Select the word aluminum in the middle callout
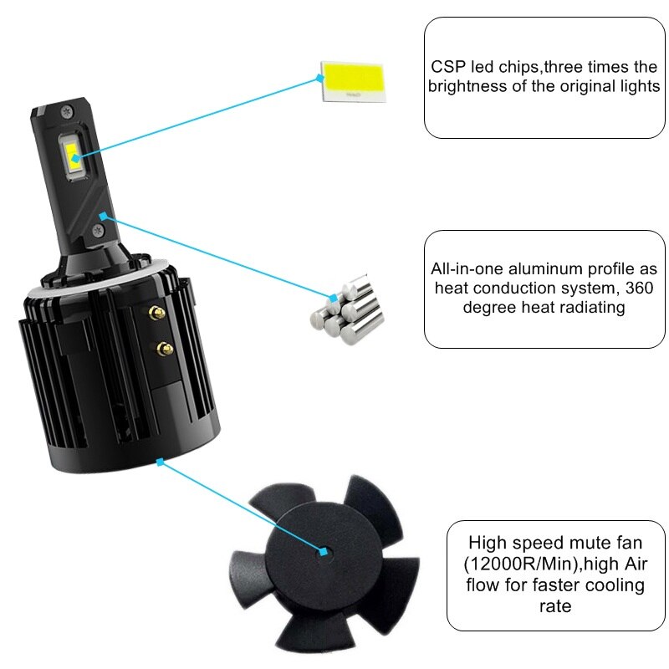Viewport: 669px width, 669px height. click(546, 268)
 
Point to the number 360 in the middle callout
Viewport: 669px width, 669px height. click(639, 288)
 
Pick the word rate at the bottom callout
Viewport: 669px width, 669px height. click(555, 606)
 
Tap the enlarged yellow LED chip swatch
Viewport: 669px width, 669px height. click(354, 82)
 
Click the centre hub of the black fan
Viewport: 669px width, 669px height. click(323, 551)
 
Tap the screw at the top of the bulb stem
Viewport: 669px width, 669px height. click(67, 113)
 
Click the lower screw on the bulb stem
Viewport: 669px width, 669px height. click(98, 232)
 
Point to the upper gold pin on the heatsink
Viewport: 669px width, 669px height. click(156, 313)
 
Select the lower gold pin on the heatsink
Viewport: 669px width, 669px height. click(165, 349)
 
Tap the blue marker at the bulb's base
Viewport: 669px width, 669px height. click(160, 462)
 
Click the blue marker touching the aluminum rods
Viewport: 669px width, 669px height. click(333, 298)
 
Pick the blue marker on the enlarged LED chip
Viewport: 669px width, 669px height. click(320, 78)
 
